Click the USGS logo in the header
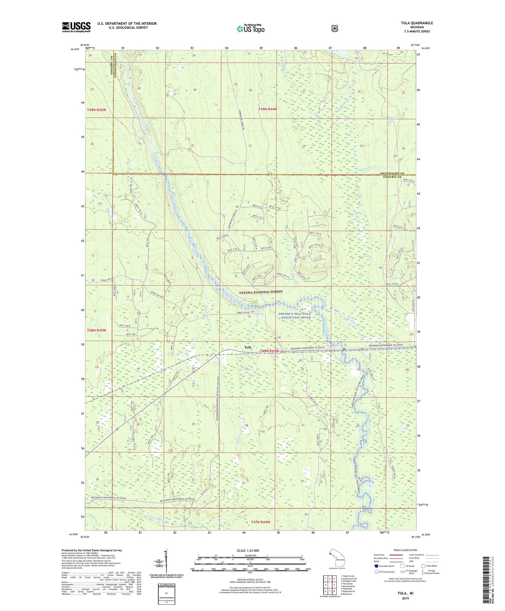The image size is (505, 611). [76, 27]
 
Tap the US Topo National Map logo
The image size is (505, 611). [250, 29]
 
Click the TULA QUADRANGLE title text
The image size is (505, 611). [417, 23]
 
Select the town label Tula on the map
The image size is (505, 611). [247, 347]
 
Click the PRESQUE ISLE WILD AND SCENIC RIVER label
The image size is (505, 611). [294, 316]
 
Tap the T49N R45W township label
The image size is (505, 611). [96, 110]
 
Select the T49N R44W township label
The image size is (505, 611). [267, 109]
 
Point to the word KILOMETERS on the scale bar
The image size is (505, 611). [250, 556]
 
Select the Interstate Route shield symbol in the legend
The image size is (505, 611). [376, 566]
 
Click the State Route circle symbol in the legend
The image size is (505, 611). [423, 566]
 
